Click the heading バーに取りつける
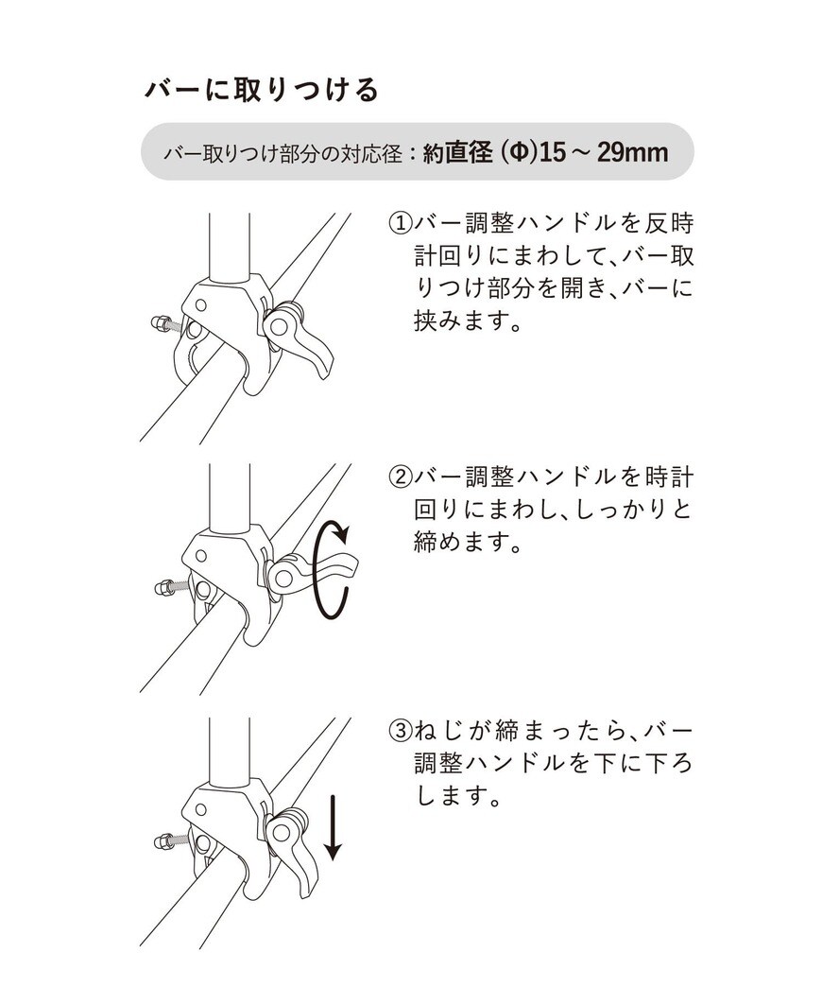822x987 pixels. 262,90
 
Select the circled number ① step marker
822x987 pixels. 400,224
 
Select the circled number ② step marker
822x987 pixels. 400,476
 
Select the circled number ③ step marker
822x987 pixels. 400,731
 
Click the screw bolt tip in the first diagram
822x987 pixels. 158,322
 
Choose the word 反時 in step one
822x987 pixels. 670,224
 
